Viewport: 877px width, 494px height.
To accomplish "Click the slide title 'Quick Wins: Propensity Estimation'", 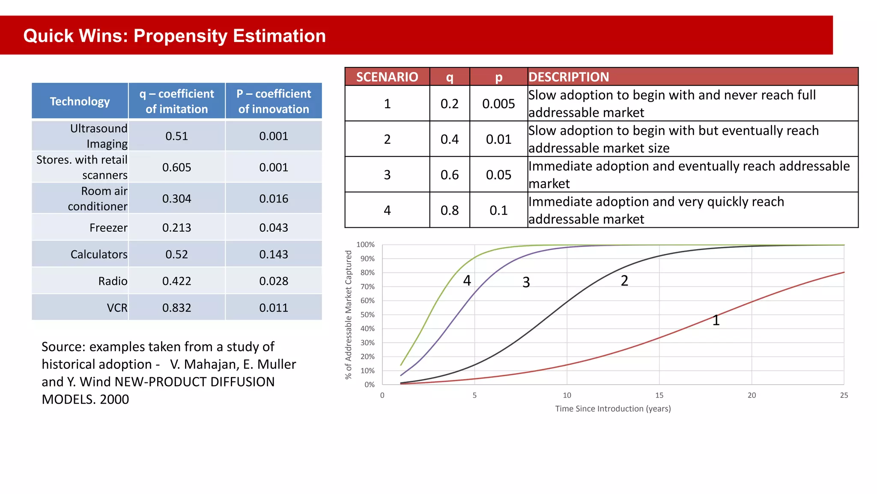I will coord(174,36).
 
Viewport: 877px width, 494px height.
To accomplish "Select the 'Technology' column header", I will coord(80,101).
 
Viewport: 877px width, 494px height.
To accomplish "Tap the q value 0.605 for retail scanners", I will coord(176,167).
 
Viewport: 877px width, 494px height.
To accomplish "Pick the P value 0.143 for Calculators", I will coord(273,254).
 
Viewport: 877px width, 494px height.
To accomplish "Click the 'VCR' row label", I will coord(117,307).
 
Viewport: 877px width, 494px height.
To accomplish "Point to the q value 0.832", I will coord(176,307).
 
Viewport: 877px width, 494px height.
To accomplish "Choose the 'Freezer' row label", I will coord(108,228).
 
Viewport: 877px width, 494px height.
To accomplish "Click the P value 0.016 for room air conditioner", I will coord(273,199).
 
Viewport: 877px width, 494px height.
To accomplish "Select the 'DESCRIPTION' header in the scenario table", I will coord(568,77).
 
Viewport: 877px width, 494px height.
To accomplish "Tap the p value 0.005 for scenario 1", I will coord(498,104).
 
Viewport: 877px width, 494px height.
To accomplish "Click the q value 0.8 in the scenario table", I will coord(449,210).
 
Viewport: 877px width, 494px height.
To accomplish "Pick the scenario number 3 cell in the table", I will coord(387,175).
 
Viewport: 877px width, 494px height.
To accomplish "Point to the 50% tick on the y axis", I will coord(367,314).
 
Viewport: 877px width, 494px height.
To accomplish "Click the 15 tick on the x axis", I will coord(659,395).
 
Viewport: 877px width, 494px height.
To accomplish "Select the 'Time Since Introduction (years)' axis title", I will coord(613,409).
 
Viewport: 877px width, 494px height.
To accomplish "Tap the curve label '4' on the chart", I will coord(467,280).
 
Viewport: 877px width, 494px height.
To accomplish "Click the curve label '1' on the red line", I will coord(716,320).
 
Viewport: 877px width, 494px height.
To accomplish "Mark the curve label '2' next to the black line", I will coord(624,280).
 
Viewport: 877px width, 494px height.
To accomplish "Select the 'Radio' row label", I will coord(113,281).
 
